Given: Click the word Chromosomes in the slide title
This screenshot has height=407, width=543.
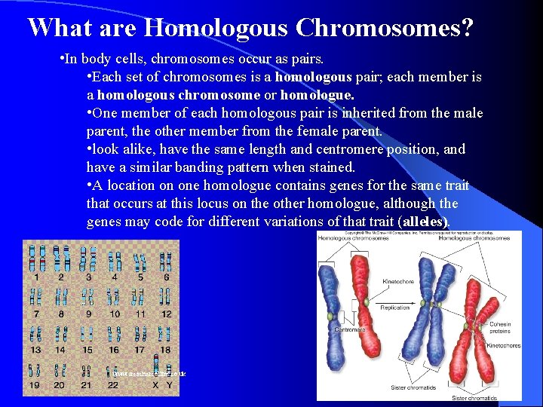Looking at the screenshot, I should click(x=385, y=28).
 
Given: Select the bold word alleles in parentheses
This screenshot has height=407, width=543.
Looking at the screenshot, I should click(x=425, y=222).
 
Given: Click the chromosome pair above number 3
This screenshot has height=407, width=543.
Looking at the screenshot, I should click(x=88, y=259).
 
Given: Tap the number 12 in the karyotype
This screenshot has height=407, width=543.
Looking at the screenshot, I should click(x=166, y=314).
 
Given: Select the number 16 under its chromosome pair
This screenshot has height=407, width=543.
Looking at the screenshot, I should click(x=114, y=349).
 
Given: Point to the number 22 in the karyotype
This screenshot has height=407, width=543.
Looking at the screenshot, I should click(x=113, y=385).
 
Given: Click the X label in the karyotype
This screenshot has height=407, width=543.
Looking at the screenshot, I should click(x=155, y=385).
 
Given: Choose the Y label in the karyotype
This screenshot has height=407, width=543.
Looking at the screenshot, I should click(x=169, y=385).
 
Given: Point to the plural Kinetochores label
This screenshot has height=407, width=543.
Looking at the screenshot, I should click(x=503, y=346).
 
